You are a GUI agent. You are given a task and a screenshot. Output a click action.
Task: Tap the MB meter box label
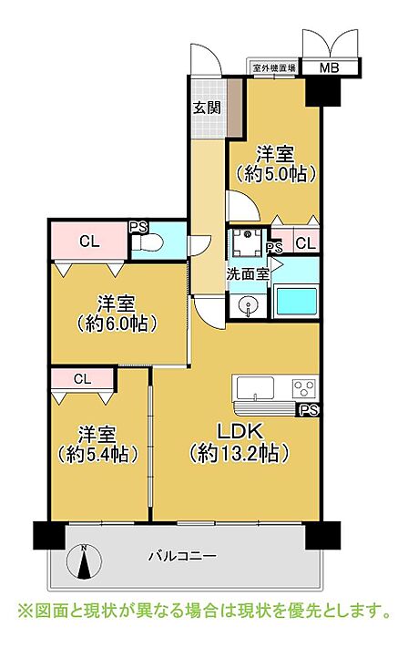click(330, 67)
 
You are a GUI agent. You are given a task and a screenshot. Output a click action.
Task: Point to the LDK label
click(240, 432)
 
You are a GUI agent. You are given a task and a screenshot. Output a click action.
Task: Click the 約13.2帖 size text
click(240, 454)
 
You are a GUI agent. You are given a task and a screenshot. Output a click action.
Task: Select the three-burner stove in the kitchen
click(305, 388)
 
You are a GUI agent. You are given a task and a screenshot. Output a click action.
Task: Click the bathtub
click(296, 302)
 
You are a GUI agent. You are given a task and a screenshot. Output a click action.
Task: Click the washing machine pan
click(248, 242)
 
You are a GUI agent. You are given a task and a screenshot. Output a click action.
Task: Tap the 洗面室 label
click(248, 273)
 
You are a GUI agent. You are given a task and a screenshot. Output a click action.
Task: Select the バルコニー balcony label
click(182, 556)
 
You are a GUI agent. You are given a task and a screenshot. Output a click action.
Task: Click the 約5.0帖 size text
click(276, 174)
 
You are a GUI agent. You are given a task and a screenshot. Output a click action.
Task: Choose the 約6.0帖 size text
click(117, 324)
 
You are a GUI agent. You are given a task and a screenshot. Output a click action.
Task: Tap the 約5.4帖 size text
click(97, 454)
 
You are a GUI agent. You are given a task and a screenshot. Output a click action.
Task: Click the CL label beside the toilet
click(89, 242)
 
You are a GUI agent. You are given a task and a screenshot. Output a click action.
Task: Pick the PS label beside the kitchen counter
click(309, 410)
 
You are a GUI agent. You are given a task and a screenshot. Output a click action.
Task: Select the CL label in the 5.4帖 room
click(82, 379)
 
